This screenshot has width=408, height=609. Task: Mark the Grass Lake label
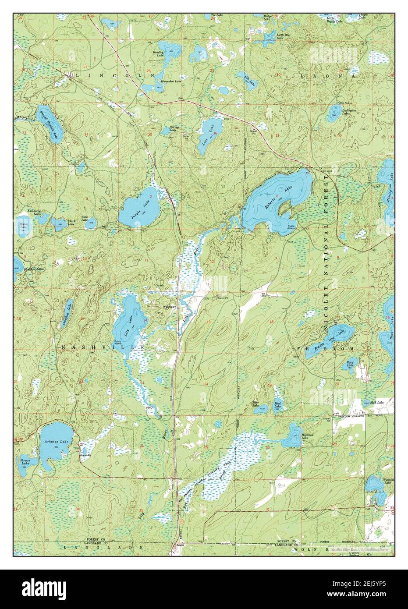[x=25, y=462]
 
